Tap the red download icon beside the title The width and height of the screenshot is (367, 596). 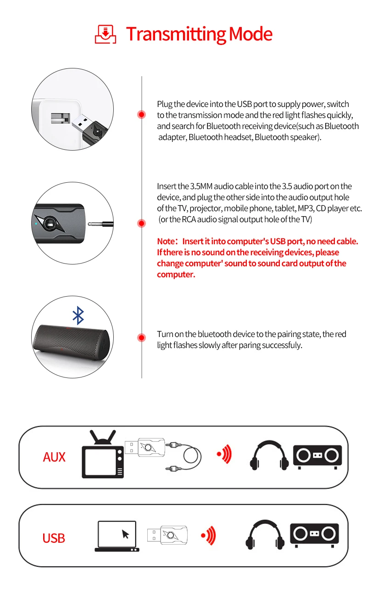point(106,34)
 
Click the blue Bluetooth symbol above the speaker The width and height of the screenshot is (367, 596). point(78,316)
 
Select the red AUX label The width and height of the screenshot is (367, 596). point(54,457)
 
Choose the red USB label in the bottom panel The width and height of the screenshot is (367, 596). point(54,538)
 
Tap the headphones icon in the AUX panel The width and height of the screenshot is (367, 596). point(269,455)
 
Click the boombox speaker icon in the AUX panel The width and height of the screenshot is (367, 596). point(317,456)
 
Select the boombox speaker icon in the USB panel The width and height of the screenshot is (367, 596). point(314,535)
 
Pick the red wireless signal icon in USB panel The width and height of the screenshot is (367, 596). point(208,535)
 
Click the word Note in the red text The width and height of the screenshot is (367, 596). point(165,241)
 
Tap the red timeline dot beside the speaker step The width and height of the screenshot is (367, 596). point(142,337)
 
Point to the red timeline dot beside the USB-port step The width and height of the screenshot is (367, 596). point(142,114)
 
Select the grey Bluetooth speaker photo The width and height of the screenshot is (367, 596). point(72,345)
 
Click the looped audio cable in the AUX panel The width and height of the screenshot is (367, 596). point(191,456)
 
